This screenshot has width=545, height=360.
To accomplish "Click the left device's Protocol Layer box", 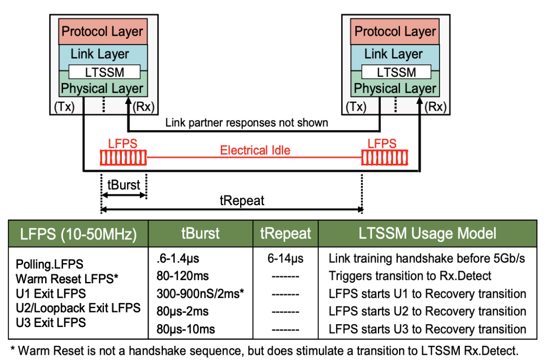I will click(102, 32).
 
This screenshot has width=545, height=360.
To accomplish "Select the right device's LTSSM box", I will click(396, 72).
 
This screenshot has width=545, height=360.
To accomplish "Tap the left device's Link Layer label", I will click(100, 54).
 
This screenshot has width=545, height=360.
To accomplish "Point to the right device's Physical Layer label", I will click(395, 88).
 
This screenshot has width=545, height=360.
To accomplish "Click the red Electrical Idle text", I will click(255, 151).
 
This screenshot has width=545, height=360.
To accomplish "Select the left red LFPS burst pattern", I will click(123, 158).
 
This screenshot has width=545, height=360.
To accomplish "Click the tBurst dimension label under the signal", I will click(124, 185).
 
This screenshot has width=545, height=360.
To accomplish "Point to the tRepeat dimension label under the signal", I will click(242, 200).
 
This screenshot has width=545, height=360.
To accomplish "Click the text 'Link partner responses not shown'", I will click(247, 123).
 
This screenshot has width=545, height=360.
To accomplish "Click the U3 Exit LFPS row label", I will click(51, 322).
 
